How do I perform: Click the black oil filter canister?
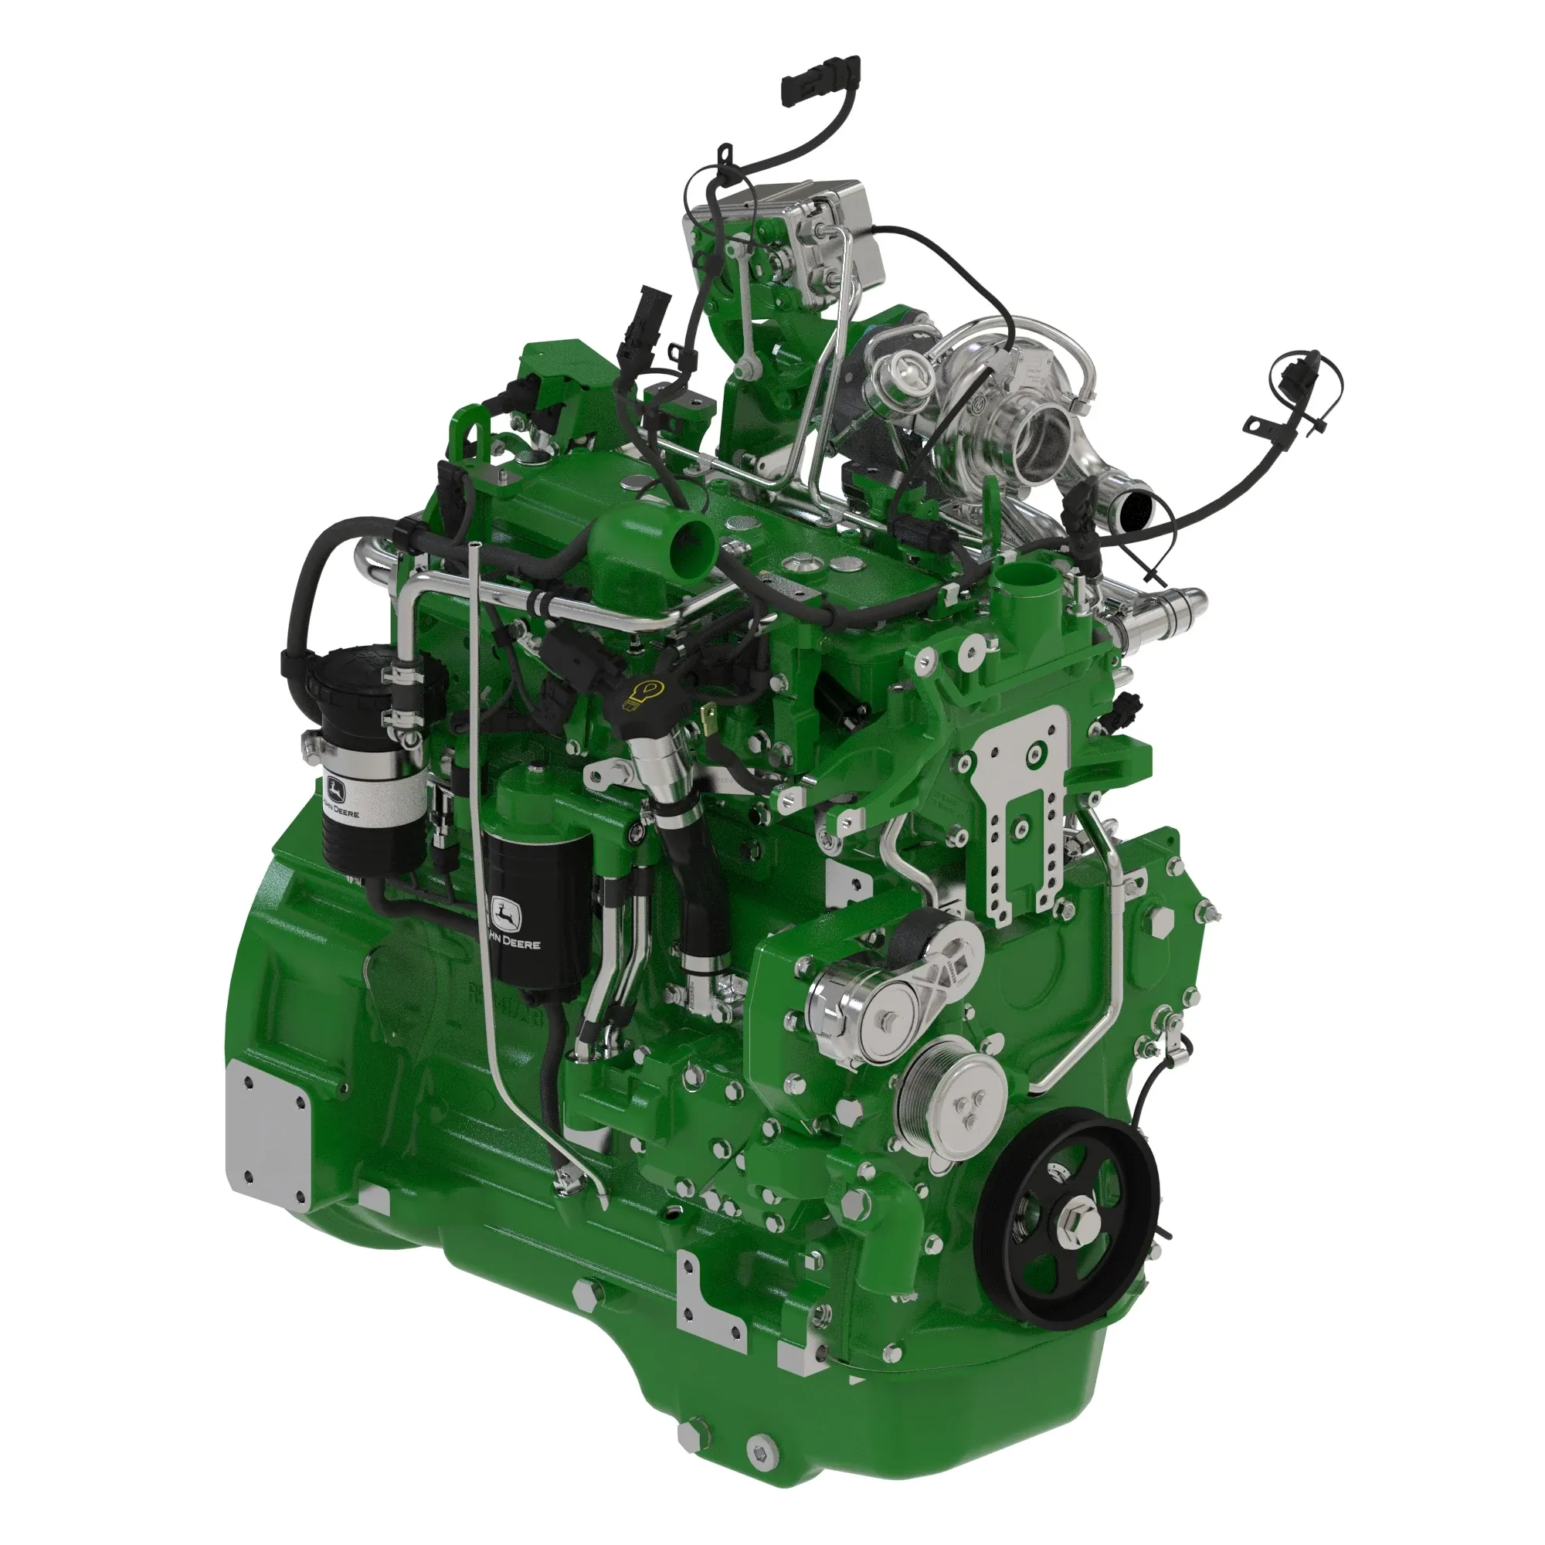tap(538, 908)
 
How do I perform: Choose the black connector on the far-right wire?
tap(1289, 376)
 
